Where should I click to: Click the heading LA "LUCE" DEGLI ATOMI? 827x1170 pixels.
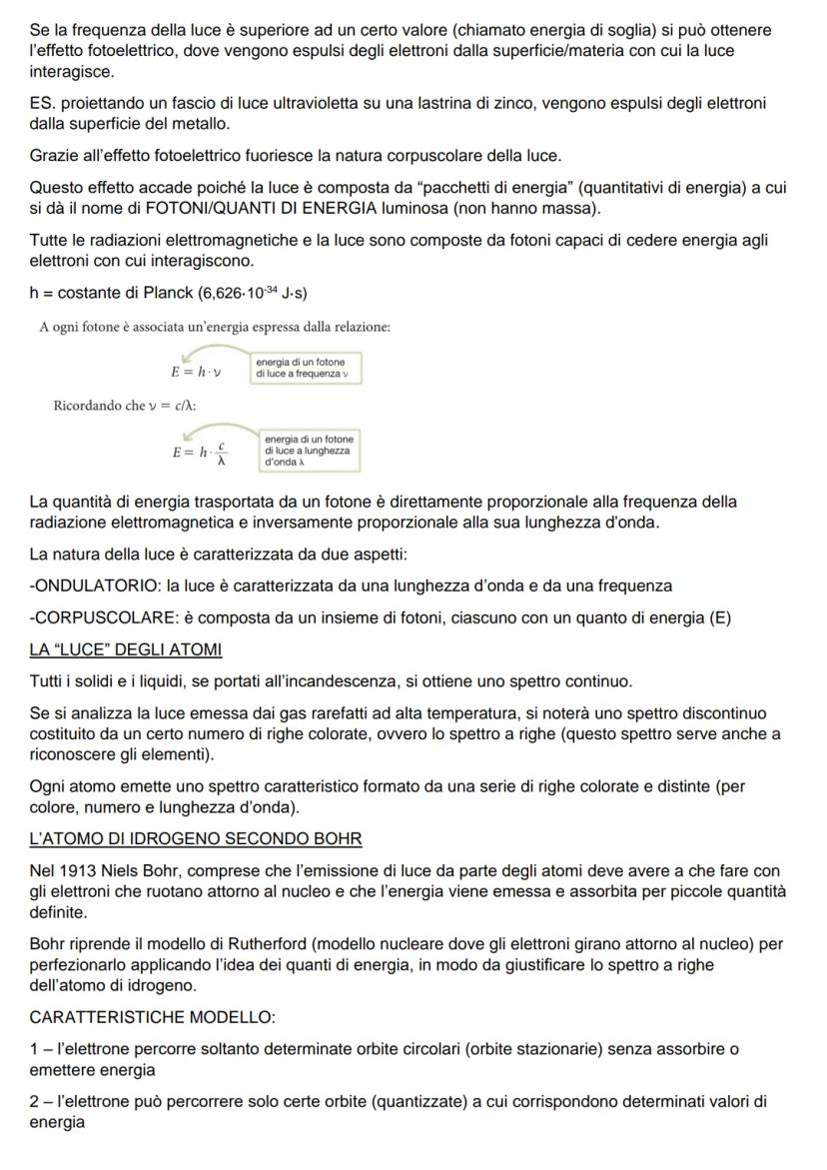(x=126, y=650)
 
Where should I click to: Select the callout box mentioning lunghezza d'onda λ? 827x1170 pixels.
(x=309, y=451)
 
